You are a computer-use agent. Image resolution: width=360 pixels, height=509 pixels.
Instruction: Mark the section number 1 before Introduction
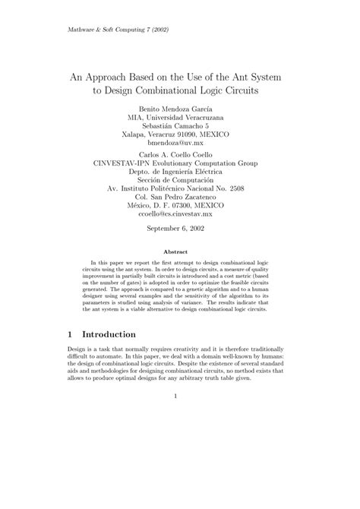[49, 334]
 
